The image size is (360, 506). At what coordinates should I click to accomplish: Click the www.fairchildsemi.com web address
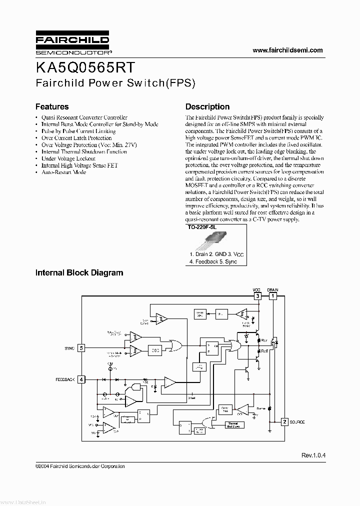point(287,50)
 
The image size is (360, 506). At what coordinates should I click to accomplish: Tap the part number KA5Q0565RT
point(84,67)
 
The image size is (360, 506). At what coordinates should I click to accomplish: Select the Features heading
point(52,106)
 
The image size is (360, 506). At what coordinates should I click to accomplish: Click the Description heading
point(207,106)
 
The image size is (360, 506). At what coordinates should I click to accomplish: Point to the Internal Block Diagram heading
point(79,273)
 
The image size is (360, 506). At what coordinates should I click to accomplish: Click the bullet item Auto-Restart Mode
point(63,172)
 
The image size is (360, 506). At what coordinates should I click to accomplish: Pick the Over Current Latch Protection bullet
point(76,138)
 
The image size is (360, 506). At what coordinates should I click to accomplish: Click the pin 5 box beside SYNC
point(81,347)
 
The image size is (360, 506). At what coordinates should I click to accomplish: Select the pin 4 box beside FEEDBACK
point(81,379)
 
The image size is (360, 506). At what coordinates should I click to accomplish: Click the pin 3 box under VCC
point(257,296)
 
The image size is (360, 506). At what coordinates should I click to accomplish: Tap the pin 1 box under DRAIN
point(272,296)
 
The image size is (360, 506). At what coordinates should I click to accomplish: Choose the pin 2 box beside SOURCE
point(284,422)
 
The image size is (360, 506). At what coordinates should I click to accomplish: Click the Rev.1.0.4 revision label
point(313,455)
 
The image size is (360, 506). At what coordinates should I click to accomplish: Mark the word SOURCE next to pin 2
point(297,422)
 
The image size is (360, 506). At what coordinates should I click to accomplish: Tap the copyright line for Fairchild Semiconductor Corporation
point(80,466)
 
